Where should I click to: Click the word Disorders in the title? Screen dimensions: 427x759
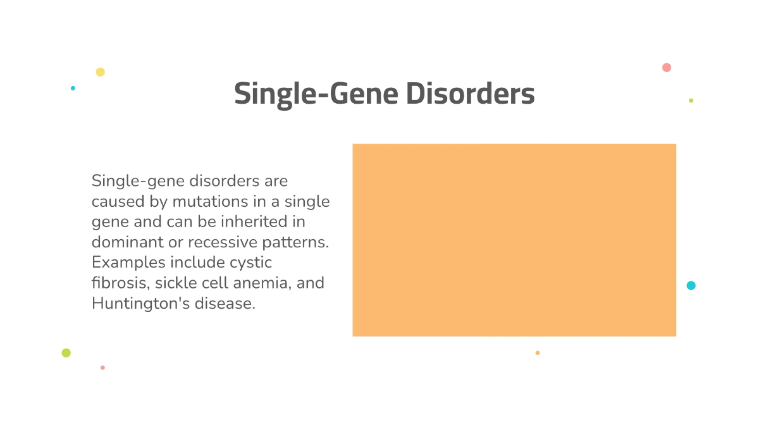(x=470, y=94)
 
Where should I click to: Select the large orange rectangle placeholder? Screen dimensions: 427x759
(x=514, y=240)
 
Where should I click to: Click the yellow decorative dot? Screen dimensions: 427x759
(x=100, y=72)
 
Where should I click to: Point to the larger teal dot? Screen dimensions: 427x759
(x=691, y=285)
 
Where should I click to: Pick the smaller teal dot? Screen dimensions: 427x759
(x=73, y=88)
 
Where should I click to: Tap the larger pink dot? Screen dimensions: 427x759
(x=666, y=68)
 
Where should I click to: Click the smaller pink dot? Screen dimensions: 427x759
(x=102, y=368)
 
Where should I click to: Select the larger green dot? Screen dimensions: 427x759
(x=66, y=353)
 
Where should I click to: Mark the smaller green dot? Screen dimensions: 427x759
(x=691, y=101)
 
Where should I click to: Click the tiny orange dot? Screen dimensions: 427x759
(x=538, y=353)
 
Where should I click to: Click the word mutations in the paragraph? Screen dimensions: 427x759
(x=211, y=202)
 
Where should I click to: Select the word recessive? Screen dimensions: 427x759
(x=222, y=242)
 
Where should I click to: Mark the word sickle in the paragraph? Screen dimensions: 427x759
(x=174, y=283)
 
